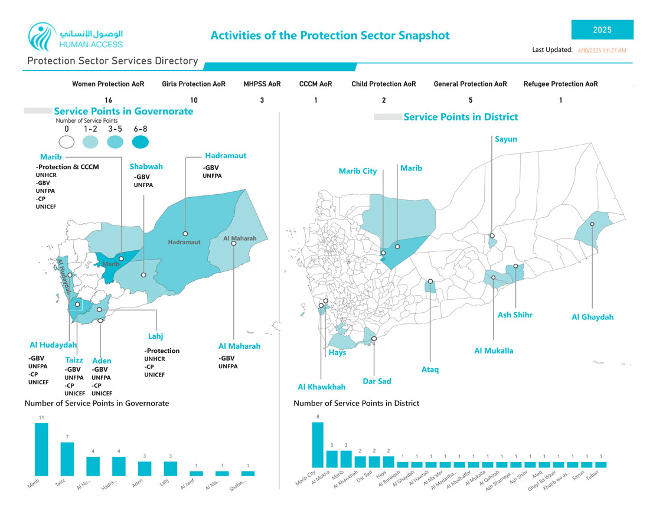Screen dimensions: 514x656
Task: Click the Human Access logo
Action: point(76,37)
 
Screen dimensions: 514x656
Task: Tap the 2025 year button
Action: point(602,30)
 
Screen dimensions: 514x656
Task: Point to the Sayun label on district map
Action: point(506,139)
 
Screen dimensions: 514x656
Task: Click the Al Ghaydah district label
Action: point(592,317)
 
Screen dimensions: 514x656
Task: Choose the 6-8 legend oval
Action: point(141,142)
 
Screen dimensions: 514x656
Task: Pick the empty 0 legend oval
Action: point(67,142)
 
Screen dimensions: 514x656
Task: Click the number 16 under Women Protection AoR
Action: point(108,100)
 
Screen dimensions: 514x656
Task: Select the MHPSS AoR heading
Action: point(262,84)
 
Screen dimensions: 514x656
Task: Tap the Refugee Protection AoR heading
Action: point(560,84)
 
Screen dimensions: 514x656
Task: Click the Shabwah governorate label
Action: point(146,166)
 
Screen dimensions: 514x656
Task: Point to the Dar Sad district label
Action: point(377,381)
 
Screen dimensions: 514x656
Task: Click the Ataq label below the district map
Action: point(430,370)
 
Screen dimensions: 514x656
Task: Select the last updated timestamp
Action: point(602,51)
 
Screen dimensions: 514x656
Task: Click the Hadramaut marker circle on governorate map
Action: point(185,234)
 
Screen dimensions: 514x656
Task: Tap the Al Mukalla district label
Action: point(494,351)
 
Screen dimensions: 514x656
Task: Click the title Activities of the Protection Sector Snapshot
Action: point(329,35)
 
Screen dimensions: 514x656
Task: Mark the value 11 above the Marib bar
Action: point(41,417)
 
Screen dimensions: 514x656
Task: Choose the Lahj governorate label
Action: point(155,336)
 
